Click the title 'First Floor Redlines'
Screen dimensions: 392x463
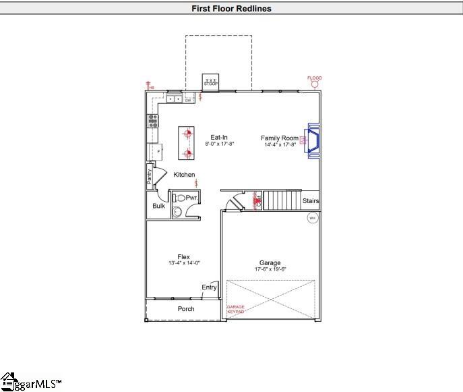[x=231, y=9]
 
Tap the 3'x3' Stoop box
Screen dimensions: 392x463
[x=211, y=82]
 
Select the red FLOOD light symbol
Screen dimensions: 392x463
[x=314, y=83]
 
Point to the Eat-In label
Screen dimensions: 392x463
[x=218, y=138]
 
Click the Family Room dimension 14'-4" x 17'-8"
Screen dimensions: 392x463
[x=280, y=144]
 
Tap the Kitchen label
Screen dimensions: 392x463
[x=184, y=175]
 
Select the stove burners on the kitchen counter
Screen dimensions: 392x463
[x=153, y=121]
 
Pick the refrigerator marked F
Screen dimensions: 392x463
[x=155, y=152]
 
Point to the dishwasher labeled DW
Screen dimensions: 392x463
[x=188, y=100]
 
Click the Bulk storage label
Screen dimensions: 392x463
[x=158, y=206]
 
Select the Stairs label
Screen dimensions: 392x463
[x=311, y=201]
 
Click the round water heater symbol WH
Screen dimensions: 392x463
[x=312, y=217]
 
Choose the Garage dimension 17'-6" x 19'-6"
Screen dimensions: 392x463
[x=270, y=269]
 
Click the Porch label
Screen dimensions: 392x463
[x=186, y=309]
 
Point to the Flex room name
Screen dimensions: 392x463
[x=183, y=256]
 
